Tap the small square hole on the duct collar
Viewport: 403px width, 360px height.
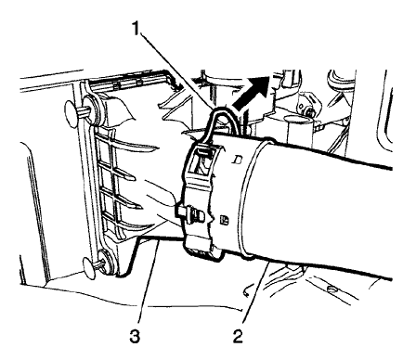[227, 219]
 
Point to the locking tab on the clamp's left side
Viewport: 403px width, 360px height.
[191, 214]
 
